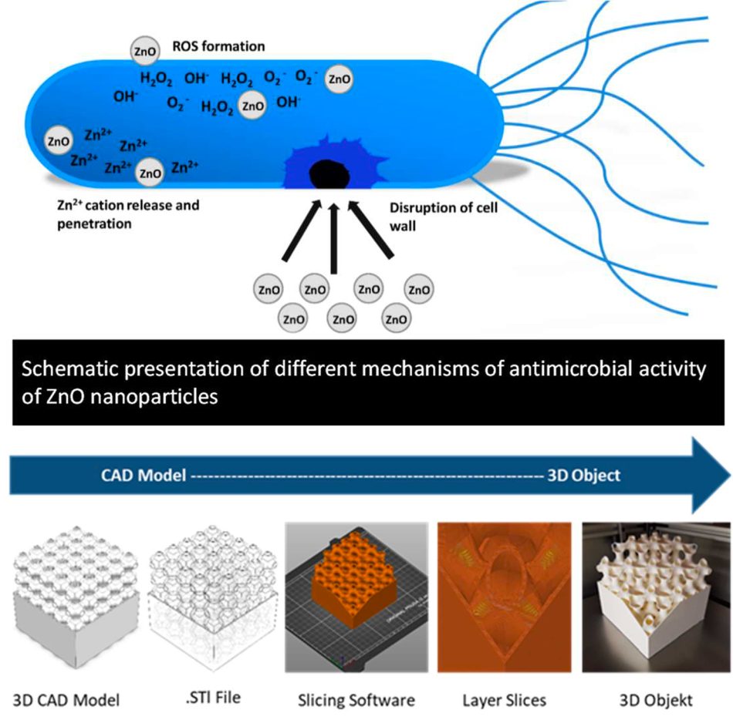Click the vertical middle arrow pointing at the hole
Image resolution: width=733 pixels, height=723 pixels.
[333, 238]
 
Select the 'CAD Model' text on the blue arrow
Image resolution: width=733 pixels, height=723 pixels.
[144, 475]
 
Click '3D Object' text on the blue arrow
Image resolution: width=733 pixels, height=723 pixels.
[583, 475]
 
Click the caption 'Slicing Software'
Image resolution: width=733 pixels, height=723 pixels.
[356, 700]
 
